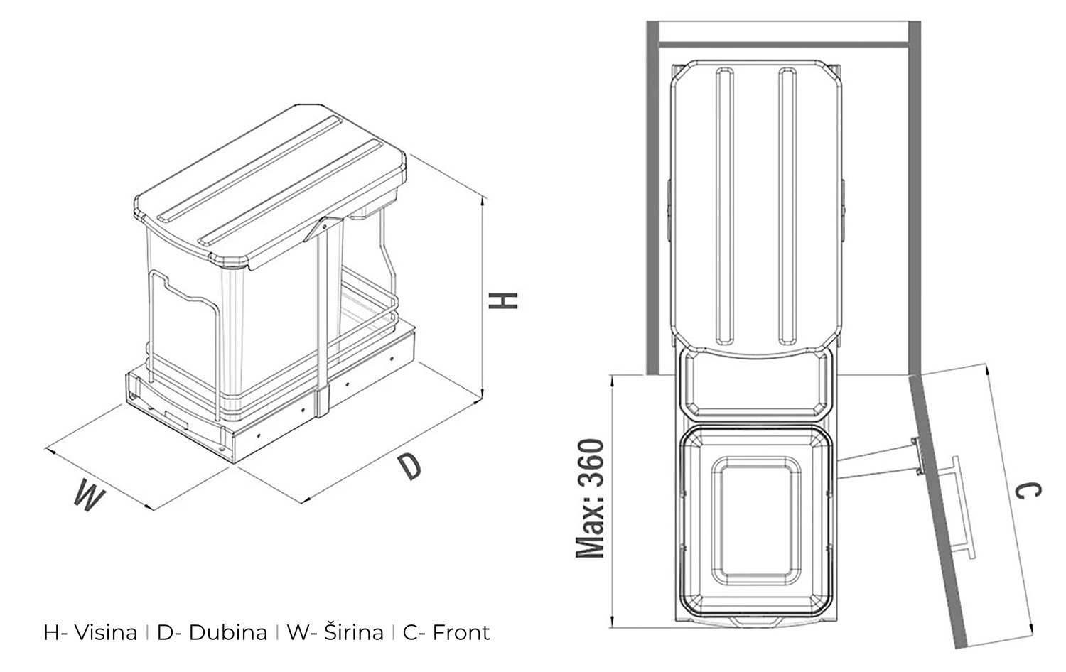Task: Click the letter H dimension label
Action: click(503, 300)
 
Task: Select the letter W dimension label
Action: click(90, 494)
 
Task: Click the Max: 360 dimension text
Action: click(590, 498)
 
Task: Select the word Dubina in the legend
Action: click(228, 632)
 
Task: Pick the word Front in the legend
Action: click(461, 632)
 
